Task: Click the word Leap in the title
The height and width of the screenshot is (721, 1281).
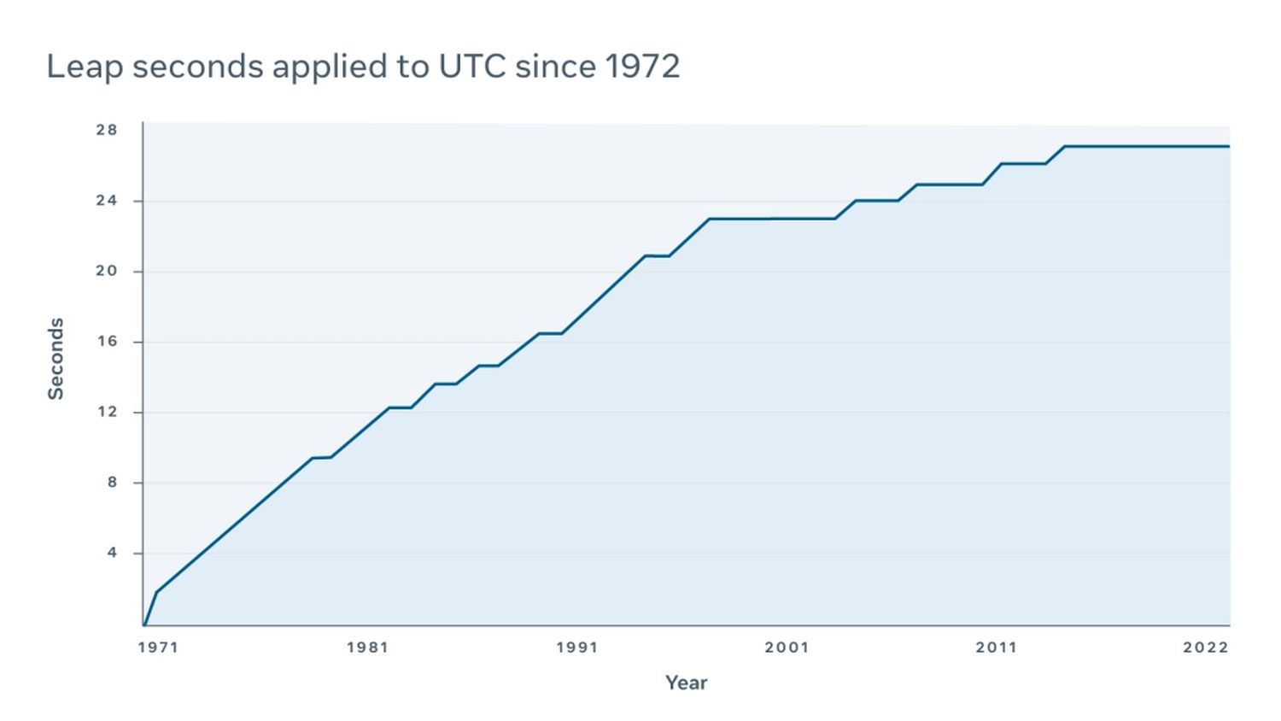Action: pos(85,67)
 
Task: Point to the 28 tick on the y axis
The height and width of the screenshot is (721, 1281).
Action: pos(107,130)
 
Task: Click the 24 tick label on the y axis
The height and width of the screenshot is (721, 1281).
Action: pos(107,201)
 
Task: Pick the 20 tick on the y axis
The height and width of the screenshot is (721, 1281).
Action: pos(107,271)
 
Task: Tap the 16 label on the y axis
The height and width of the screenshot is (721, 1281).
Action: pos(107,342)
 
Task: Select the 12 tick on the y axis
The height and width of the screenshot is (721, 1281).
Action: pos(107,412)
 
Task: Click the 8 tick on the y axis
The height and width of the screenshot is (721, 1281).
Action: pos(112,483)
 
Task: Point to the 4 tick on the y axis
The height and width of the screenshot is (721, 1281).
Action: pos(112,553)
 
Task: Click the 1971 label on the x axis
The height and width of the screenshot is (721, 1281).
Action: pos(158,648)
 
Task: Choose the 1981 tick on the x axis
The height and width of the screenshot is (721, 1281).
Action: pos(367,648)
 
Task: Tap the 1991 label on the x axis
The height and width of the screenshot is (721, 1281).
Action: pos(577,648)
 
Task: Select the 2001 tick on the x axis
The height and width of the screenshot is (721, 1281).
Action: pos(787,648)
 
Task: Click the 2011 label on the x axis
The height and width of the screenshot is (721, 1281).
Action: pos(997,648)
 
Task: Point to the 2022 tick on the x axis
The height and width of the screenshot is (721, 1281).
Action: pos(1206,648)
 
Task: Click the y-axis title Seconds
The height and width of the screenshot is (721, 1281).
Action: pos(56,359)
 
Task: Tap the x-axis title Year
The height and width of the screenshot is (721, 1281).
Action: pos(687,683)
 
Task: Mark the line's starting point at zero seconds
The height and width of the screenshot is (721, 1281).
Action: pos(144,625)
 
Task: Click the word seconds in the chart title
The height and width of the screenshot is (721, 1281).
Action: pos(197,67)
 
